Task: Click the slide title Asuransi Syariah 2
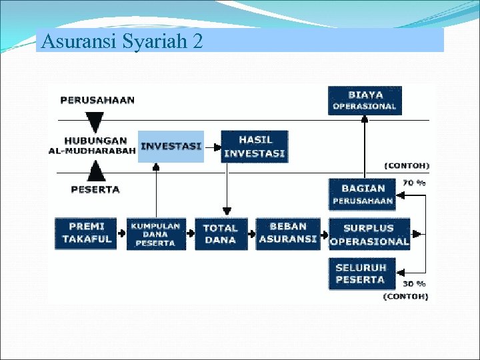(121, 41)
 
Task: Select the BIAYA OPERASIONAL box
(365, 101)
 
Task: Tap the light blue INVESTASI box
(171, 146)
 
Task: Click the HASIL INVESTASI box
(254, 146)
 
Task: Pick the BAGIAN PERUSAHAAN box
(363, 194)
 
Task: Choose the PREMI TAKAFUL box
(86, 233)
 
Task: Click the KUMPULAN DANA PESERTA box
(155, 234)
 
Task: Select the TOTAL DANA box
(221, 234)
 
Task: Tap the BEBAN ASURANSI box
(288, 233)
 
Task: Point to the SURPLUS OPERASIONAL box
(369, 234)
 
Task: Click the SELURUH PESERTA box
(361, 274)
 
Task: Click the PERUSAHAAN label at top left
(97, 100)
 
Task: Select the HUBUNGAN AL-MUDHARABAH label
(93, 145)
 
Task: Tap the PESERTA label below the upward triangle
(95, 189)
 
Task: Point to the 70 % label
(413, 183)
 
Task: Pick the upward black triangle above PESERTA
(96, 171)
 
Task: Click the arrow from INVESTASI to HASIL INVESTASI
(212, 146)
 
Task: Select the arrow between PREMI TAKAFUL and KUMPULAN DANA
(121, 234)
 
